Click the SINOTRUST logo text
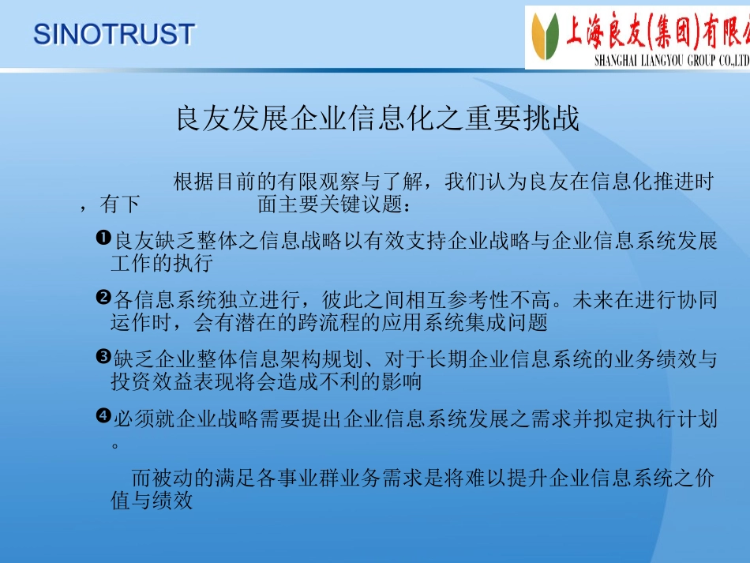(x=114, y=35)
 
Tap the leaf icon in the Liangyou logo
(x=546, y=36)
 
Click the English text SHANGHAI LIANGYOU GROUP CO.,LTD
(x=672, y=60)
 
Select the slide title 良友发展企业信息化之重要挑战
(x=378, y=118)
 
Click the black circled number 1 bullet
(x=103, y=238)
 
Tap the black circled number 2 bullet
(x=103, y=297)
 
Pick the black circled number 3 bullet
(x=103, y=356)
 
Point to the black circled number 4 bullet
(x=103, y=415)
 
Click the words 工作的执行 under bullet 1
(x=162, y=263)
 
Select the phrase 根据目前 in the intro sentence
(x=214, y=182)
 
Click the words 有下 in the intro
(x=119, y=205)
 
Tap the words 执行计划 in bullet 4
(x=675, y=418)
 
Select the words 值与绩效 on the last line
(x=152, y=501)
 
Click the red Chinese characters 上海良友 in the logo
(x=606, y=31)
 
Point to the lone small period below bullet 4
(x=114, y=446)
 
